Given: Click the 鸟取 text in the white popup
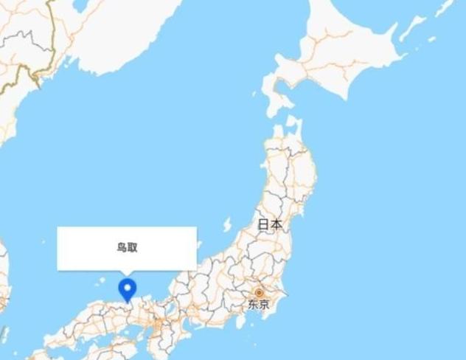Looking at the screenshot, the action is tap(127, 248).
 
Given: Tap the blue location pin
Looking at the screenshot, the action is tap(128, 288).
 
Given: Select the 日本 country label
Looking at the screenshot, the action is tap(270, 224).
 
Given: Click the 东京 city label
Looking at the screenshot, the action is tap(258, 304).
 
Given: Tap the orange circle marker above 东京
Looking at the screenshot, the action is tap(259, 293).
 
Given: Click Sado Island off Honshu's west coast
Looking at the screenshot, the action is tap(228, 224).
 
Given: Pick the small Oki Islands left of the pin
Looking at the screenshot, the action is tap(100, 281).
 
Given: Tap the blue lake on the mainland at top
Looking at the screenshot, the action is tap(79, 6).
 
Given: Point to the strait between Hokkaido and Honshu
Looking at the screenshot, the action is tap(284, 118).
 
